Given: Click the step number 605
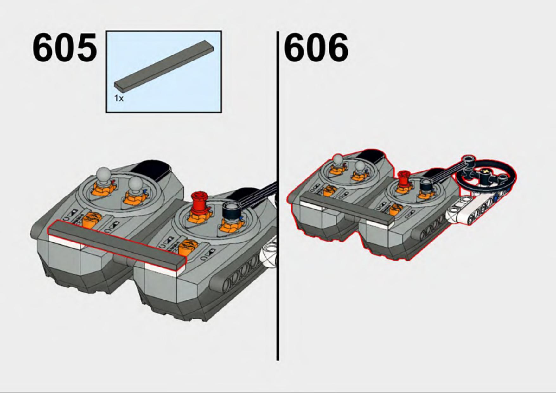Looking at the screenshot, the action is click(65, 48).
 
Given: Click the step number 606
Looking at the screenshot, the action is click(316, 48).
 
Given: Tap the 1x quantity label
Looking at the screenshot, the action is click(119, 98).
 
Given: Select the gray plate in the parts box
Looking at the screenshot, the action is click(164, 65).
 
